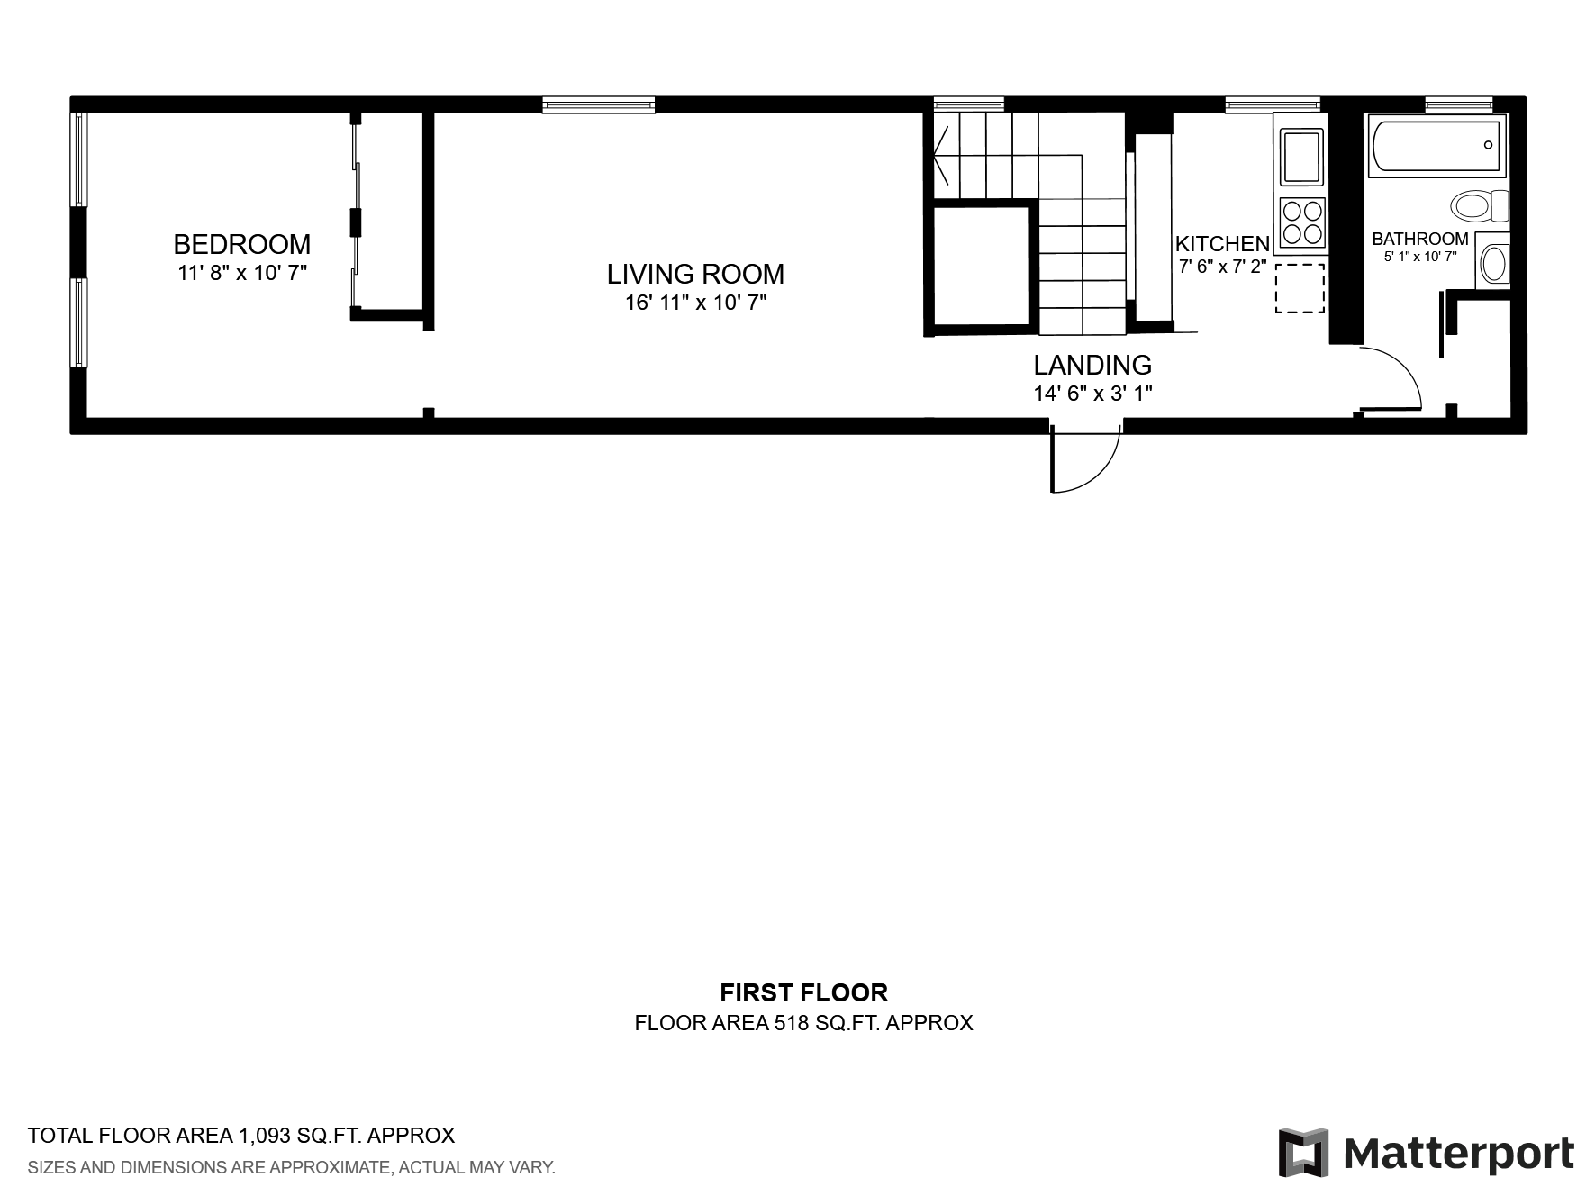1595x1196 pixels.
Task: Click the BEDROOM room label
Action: (241, 244)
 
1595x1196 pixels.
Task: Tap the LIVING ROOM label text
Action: (695, 274)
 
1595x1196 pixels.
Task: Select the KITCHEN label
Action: (1222, 243)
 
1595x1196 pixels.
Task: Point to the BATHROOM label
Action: (1420, 239)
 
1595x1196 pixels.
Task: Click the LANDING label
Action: (1092, 365)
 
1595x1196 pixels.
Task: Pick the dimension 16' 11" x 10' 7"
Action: (695, 303)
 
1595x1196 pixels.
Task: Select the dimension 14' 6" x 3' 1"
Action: (1092, 394)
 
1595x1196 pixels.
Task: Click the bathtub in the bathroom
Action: (1436, 144)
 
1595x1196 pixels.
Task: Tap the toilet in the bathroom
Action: (1479, 205)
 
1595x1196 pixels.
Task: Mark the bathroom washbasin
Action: (1492, 261)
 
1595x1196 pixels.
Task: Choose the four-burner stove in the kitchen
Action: (1301, 222)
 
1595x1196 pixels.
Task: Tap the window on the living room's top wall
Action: (599, 105)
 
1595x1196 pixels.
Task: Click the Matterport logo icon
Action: (1303, 1152)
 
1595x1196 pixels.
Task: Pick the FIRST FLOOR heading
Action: (803, 992)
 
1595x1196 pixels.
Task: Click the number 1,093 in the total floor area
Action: (266, 1136)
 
